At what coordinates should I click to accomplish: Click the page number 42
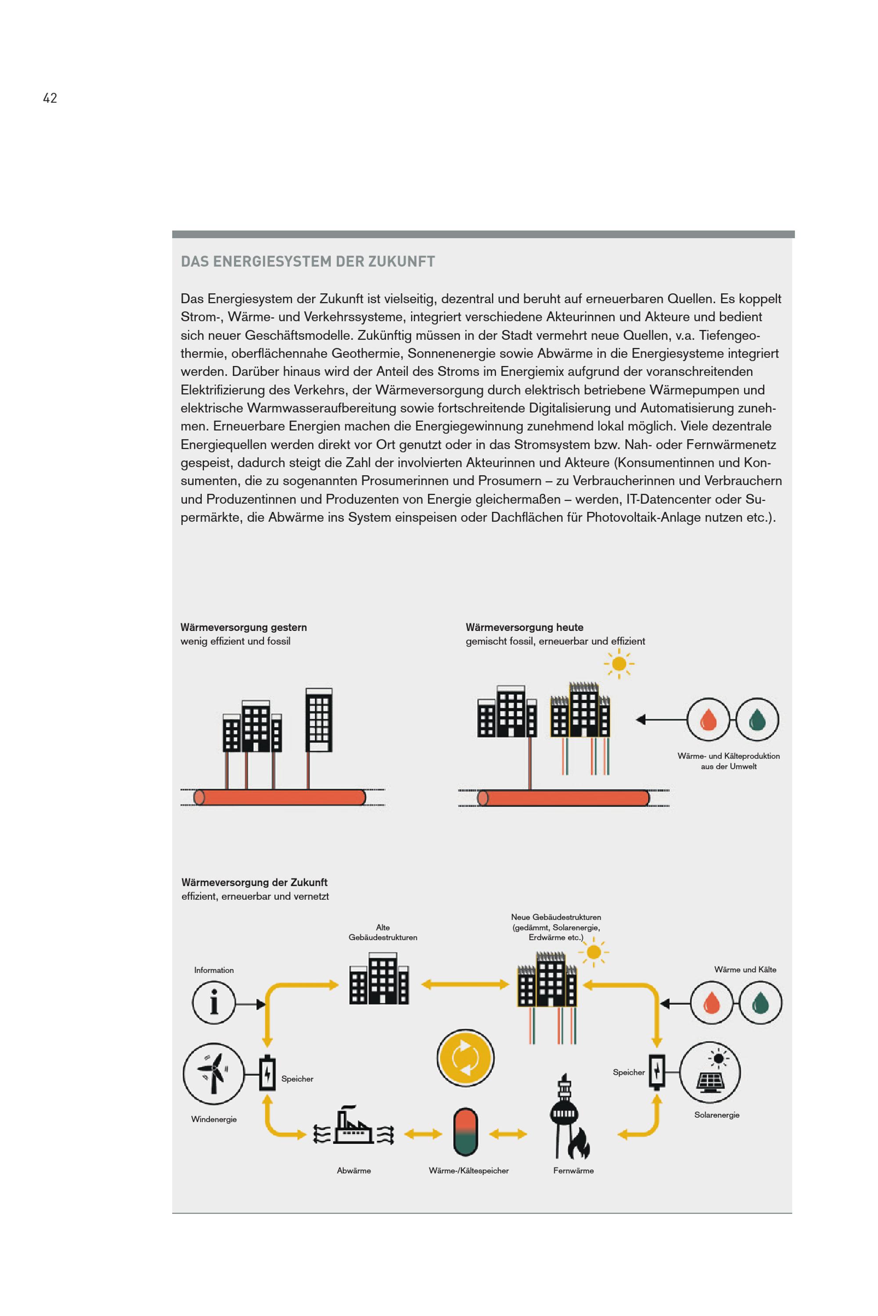(x=50, y=98)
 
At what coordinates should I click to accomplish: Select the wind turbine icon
(x=213, y=1073)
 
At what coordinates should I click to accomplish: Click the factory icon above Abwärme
(x=353, y=1126)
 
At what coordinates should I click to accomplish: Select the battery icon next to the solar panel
(x=657, y=1072)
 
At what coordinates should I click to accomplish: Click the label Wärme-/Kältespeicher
(x=469, y=1170)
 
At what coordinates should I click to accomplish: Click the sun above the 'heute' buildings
(x=619, y=664)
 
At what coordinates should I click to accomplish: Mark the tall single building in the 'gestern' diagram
(x=319, y=720)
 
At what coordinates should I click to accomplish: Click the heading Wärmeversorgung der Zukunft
(x=254, y=882)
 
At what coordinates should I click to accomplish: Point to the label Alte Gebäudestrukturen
(x=382, y=932)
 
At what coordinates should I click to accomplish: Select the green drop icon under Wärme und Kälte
(x=760, y=1003)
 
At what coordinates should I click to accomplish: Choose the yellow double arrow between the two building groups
(x=465, y=984)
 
